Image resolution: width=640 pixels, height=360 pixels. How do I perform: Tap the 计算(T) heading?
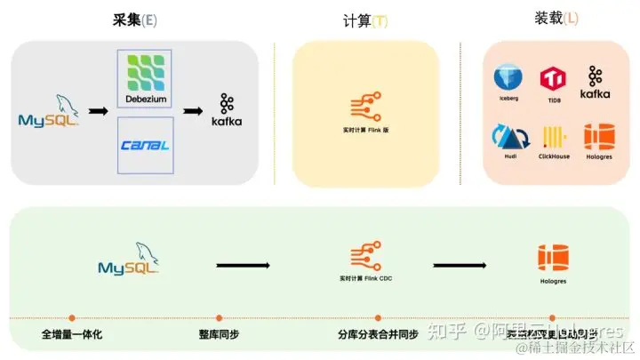364,20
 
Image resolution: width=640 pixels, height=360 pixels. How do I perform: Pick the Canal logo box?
145,145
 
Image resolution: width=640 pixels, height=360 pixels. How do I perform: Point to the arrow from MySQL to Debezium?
99,113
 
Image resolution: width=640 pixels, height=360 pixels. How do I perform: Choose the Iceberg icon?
508,80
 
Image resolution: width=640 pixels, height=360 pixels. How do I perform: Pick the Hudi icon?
508,140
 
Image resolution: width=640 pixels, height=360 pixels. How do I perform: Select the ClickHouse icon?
554,140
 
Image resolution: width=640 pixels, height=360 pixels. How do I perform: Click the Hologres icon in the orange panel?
597,140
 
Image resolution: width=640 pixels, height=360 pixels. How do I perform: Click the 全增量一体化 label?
72,335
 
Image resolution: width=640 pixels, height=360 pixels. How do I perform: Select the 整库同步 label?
219,335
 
